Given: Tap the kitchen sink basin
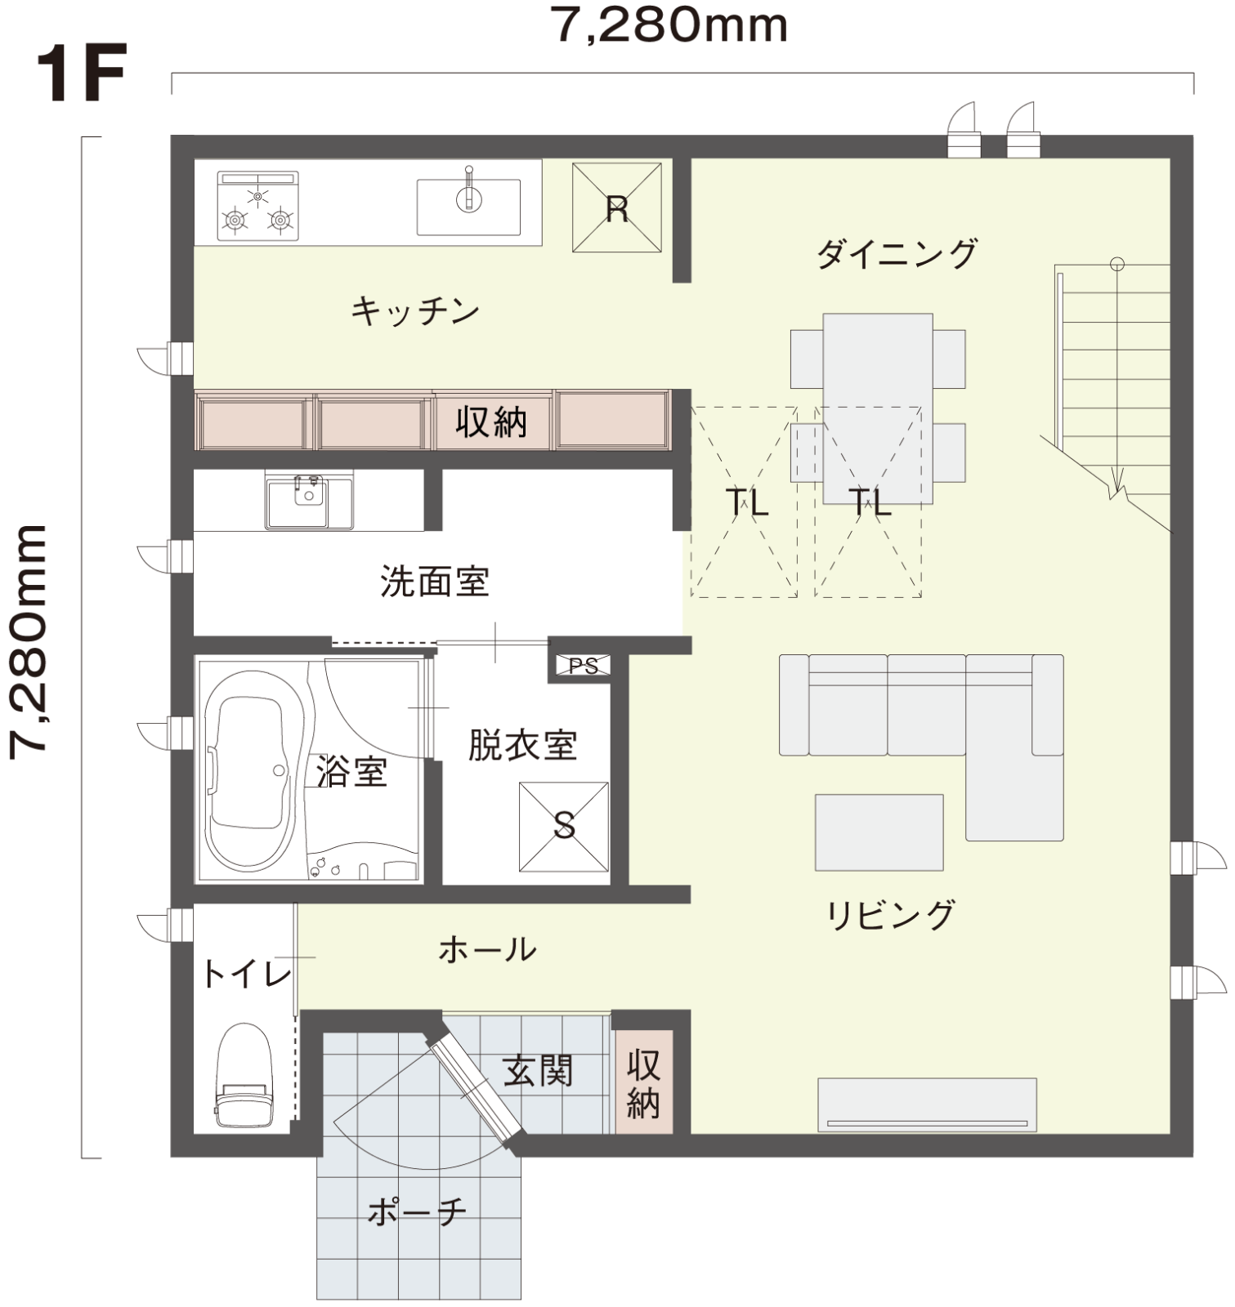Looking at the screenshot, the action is coord(468,207).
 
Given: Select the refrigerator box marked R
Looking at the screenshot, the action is coord(617,207).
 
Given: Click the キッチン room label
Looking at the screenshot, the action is coord(415,310).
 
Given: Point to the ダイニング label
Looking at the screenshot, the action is coord(897,254).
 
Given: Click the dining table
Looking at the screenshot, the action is coord(878,408).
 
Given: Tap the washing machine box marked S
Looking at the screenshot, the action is coord(564,827).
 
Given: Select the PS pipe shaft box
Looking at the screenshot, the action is coord(584,667).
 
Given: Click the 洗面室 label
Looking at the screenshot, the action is coord(435,582).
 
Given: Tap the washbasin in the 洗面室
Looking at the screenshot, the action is coord(309,501).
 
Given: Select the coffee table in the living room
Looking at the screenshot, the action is coord(879,832).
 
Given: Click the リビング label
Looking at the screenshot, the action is coord(890,914).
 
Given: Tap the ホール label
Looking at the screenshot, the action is coord(488,949).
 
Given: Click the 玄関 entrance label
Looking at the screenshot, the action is coord(537,1071).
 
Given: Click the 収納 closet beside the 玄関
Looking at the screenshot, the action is coord(643,1082).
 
